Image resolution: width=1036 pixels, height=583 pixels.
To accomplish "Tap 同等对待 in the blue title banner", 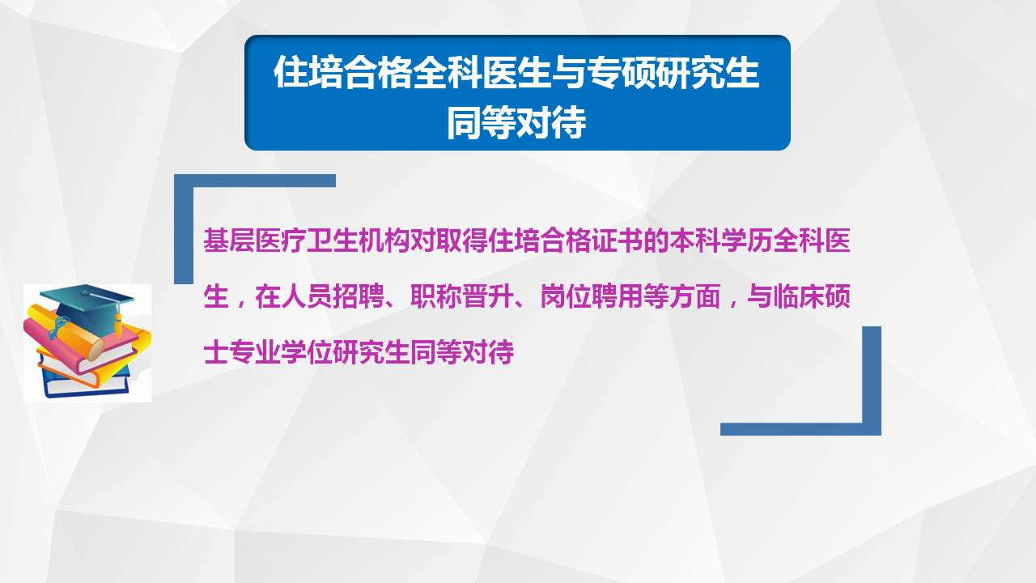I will point(516,123).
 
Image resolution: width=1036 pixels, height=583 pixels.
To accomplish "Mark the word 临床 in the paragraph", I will point(798,299).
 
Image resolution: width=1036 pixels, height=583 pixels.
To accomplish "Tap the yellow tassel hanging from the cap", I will point(118,324).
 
